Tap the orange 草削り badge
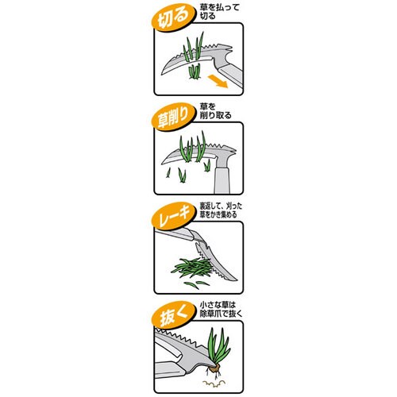(173, 118)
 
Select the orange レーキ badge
(173, 217)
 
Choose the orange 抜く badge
(173, 316)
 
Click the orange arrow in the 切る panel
(218, 81)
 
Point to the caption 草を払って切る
(219, 11)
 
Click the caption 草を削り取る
(215, 111)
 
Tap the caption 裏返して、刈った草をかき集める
(221, 210)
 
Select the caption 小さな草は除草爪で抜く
(221, 310)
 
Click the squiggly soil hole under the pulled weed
(214, 383)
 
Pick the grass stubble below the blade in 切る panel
(195, 71)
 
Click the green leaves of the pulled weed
(218, 346)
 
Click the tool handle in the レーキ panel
(173, 234)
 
